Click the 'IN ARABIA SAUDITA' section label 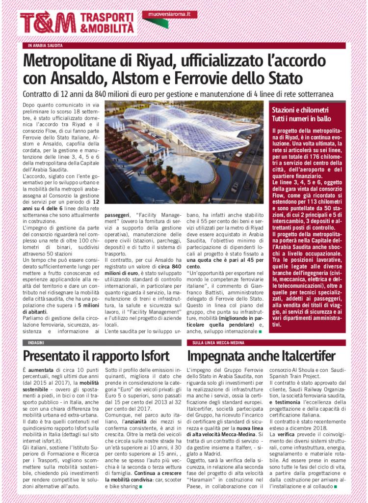coord(46,45)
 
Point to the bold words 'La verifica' coord(283,434)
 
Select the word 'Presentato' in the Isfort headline coord(56,355)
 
